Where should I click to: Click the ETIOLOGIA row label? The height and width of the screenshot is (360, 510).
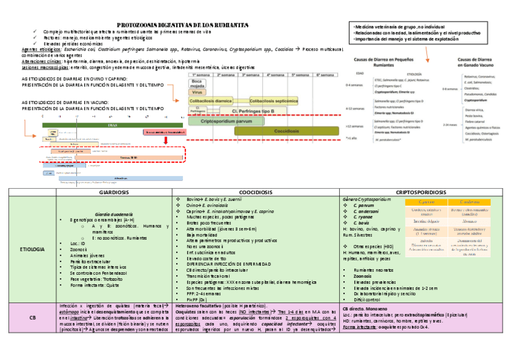point(31,248)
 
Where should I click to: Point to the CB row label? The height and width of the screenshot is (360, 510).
point(31,319)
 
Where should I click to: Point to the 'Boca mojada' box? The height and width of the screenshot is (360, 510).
point(197,84)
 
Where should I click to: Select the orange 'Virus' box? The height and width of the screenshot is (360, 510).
point(197,93)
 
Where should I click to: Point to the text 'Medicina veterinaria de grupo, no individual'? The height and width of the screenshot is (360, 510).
point(401,27)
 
